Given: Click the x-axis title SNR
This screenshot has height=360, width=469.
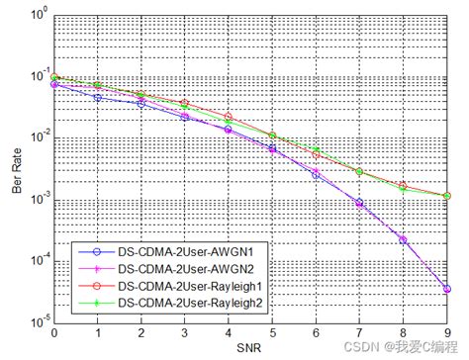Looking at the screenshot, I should coord(250,347).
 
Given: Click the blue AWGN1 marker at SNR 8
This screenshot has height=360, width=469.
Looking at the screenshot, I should coord(404,239).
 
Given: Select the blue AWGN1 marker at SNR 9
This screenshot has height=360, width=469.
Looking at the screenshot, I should coord(447,289).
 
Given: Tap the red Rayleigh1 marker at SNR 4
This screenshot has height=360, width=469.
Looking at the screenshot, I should coord(229,117).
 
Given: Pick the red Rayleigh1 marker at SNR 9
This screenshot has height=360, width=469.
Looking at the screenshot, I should coord(447,197).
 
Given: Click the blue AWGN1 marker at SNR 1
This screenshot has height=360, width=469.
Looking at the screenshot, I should coord(97,97).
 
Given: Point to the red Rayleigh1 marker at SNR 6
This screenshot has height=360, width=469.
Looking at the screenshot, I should coord(316,154).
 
